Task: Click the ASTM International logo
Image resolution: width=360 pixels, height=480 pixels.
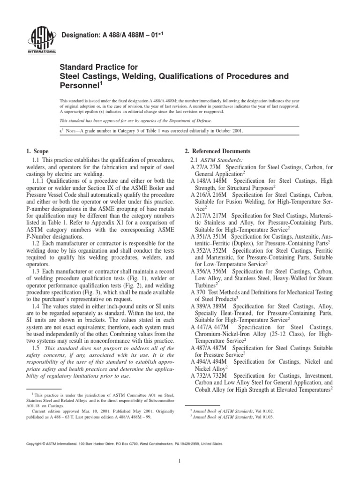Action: pos(44,41)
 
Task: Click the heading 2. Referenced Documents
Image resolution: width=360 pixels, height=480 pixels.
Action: pos(217,151)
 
